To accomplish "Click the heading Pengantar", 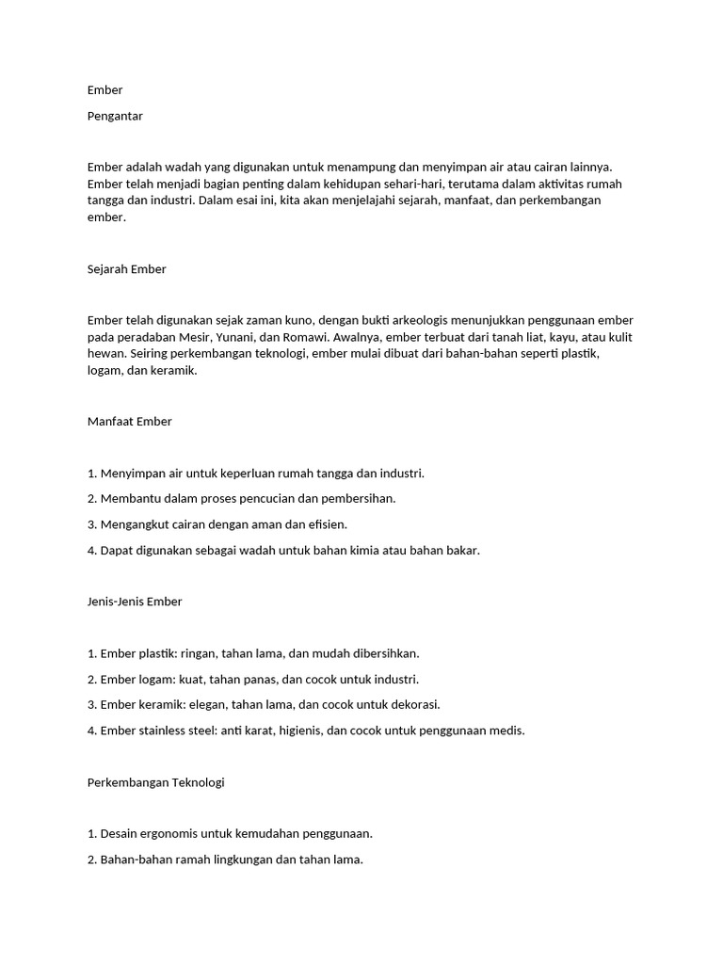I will [x=114, y=117].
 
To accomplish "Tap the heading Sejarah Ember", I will [x=126, y=269].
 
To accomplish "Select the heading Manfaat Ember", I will [x=129, y=422].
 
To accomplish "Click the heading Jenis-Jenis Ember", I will [x=134, y=602].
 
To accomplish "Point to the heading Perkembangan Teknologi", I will [x=155, y=782].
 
